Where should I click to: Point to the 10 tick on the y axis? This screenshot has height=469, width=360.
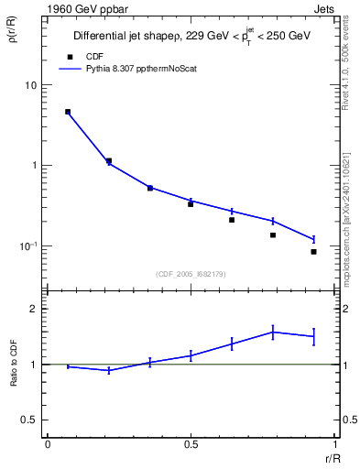[30, 85]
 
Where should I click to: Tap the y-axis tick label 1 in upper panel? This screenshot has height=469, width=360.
[34, 166]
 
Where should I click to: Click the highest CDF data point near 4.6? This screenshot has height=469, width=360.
[68, 112]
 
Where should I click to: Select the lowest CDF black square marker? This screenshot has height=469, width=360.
[313, 251]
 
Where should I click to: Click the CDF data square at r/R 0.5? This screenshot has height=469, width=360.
[191, 203]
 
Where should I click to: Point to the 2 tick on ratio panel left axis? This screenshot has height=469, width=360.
[34, 309]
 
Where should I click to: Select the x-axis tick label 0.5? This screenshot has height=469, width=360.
[191, 444]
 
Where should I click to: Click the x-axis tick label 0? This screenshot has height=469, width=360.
[47, 444]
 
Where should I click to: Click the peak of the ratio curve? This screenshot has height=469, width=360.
[273, 332]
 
